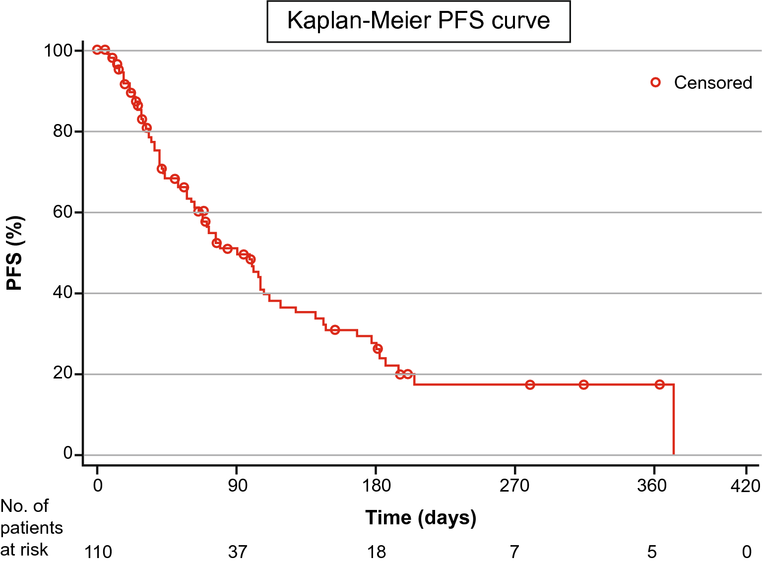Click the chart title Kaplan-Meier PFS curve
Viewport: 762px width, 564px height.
(418, 21)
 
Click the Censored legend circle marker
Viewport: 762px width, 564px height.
(655, 82)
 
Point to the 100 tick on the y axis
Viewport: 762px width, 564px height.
(58, 51)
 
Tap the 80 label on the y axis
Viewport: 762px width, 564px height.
(63, 131)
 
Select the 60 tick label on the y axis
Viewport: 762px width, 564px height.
(63, 212)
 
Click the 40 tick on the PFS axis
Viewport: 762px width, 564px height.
(63, 293)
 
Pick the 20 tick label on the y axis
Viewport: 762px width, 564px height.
(63, 374)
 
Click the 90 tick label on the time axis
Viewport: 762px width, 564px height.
(237, 485)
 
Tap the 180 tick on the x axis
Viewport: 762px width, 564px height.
(377, 485)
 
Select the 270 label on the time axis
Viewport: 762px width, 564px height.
(514, 485)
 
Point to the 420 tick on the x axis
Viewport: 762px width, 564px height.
(745, 485)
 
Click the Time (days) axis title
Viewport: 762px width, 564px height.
(421, 517)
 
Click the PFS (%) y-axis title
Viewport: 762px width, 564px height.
(14, 253)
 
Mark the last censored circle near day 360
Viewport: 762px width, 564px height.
(659, 384)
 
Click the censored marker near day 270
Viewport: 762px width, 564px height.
(530, 384)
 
